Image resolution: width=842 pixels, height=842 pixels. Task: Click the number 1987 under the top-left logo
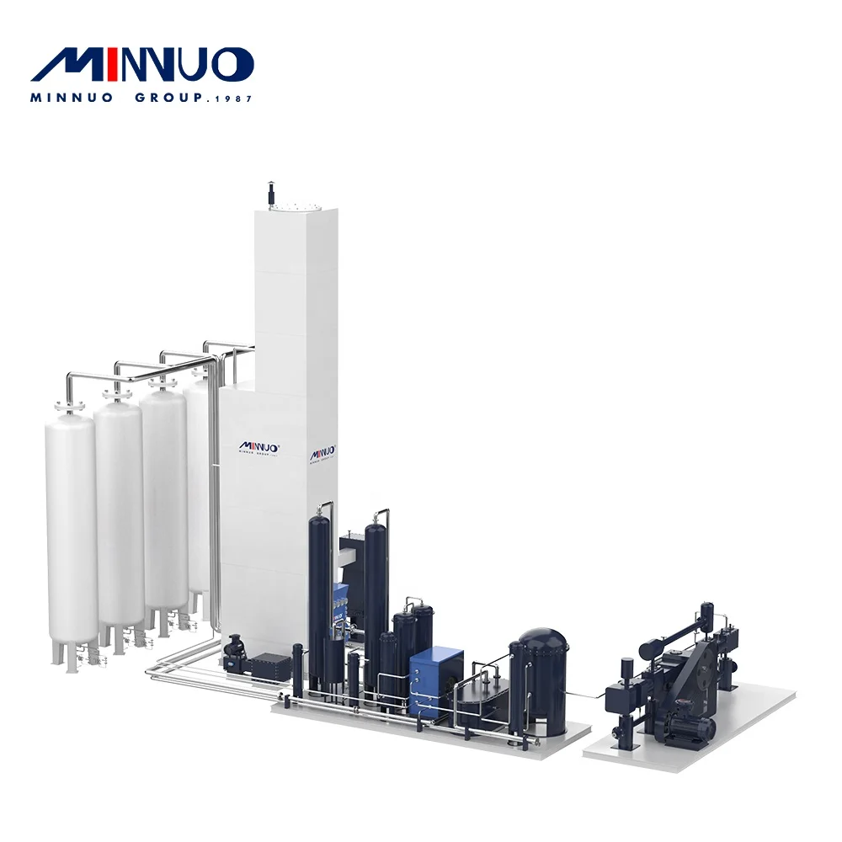coord(232,99)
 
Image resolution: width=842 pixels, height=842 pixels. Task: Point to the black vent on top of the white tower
coord(271,192)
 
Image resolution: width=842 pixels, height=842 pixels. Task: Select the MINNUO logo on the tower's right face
coord(322,453)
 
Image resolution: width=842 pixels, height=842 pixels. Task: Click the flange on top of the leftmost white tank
coord(69,407)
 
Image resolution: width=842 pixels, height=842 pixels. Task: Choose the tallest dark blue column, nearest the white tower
coord(320,589)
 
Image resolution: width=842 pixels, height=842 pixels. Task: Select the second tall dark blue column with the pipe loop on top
coord(376,589)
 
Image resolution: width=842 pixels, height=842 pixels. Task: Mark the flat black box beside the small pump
coord(269,665)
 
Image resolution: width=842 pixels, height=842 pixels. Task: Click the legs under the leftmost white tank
coord(67,651)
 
